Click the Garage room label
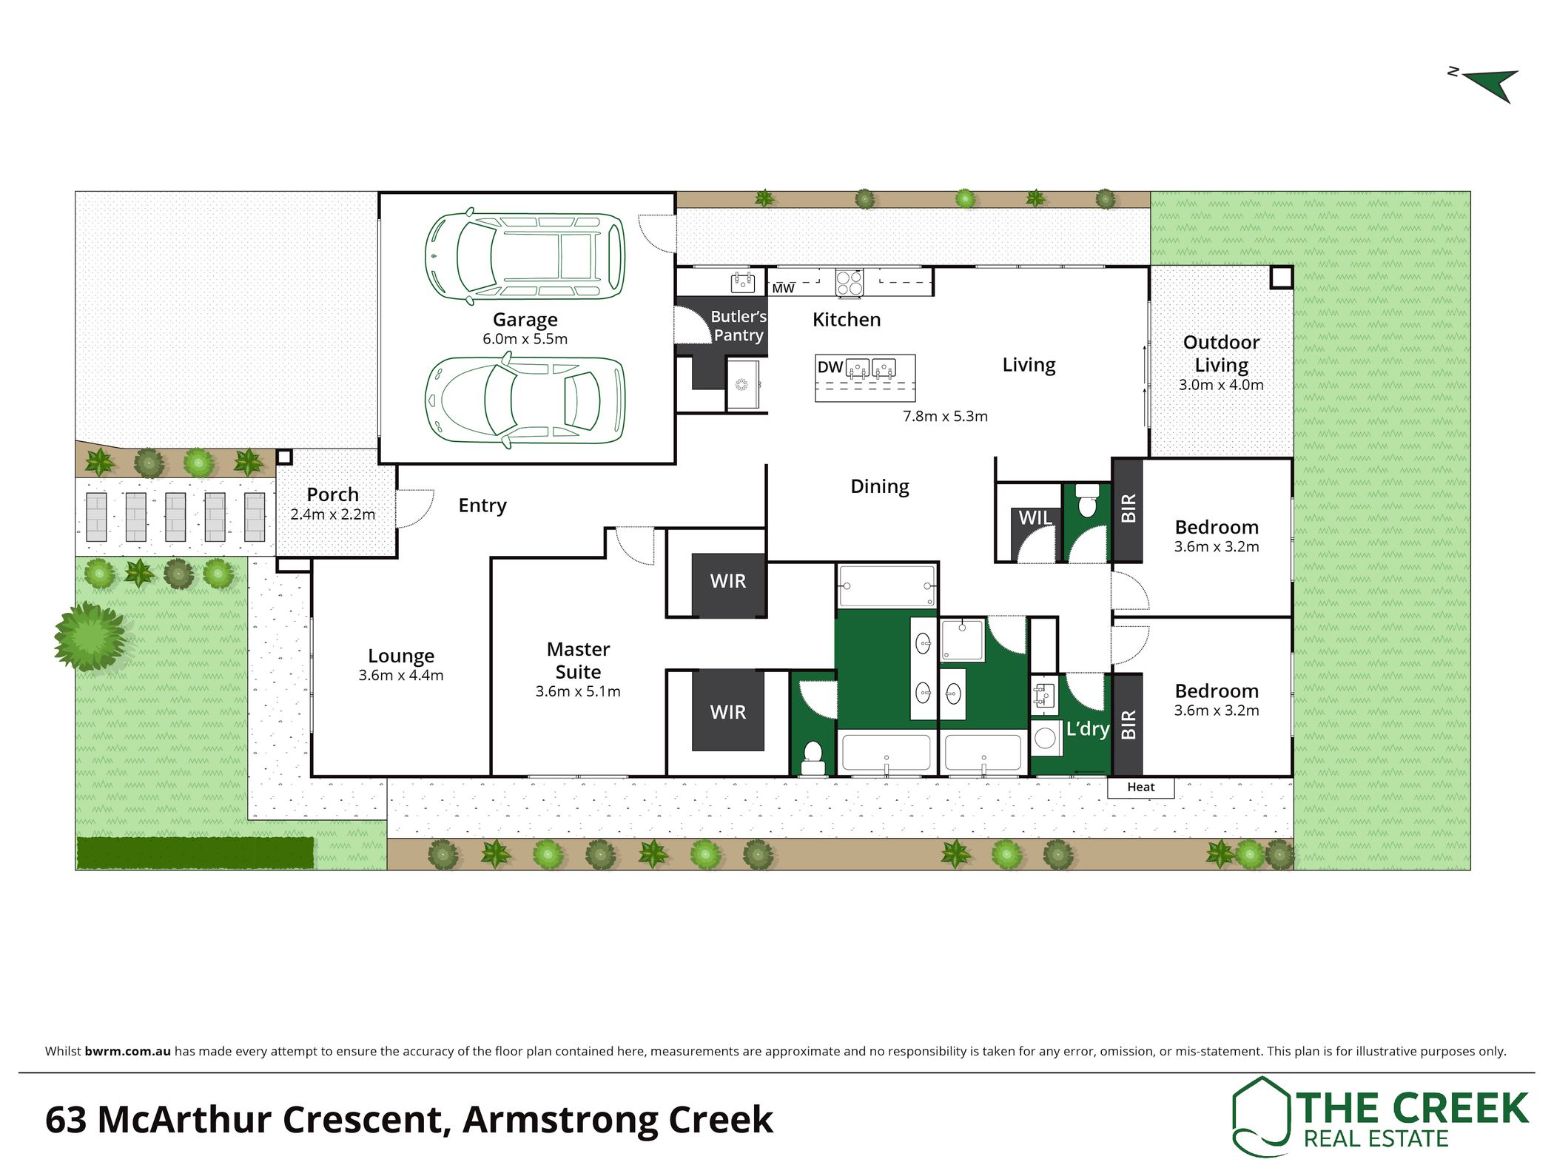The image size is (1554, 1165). point(525,320)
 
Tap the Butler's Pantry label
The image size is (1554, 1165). point(738,326)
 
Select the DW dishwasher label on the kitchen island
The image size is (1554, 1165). point(830,367)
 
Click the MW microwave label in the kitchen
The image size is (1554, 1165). point(783,289)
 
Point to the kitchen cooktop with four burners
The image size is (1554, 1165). point(849,283)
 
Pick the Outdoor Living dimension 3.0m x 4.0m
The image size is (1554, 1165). point(1221,385)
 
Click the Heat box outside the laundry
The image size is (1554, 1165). point(1140,787)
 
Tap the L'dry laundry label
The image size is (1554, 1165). point(1087,729)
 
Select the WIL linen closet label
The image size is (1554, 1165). point(1035,518)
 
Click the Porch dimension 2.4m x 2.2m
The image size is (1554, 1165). point(332,514)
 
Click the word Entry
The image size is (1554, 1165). point(482,506)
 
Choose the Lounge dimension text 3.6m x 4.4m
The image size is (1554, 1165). point(401,675)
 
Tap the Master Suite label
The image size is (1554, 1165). point(578,660)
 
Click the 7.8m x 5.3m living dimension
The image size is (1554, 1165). point(945,416)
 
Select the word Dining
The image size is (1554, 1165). point(880,486)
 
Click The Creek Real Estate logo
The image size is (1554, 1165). point(1379,1116)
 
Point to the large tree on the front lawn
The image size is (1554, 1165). point(90,637)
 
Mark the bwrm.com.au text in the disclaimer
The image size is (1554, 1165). point(128,1051)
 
